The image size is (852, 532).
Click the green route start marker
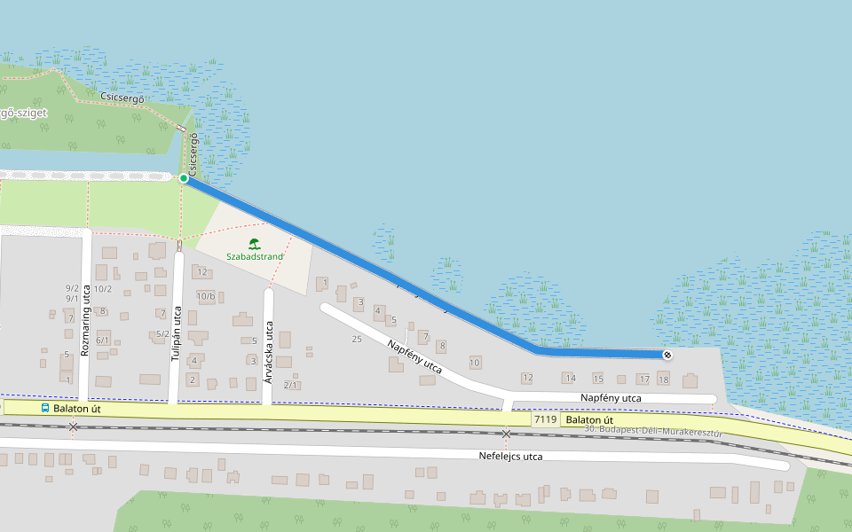click(184, 178)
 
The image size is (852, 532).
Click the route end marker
click(667, 355)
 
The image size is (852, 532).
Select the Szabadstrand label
click(255, 257)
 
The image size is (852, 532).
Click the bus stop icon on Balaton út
click(45, 408)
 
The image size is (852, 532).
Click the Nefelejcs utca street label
click(509, 457)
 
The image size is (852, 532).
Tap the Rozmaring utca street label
click(85, 320)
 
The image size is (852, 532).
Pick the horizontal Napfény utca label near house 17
click(611, 399)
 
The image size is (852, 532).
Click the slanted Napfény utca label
click(414, 354)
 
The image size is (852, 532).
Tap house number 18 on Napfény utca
click(663, 379)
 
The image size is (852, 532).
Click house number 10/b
click(206, 296)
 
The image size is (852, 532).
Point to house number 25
click(357, 339)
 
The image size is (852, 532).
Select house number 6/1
click(103, 340)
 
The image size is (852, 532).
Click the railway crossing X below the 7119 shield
click(506, 434)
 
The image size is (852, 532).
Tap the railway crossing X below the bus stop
click(73, 427)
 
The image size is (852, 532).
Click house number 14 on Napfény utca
click(571, 379)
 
